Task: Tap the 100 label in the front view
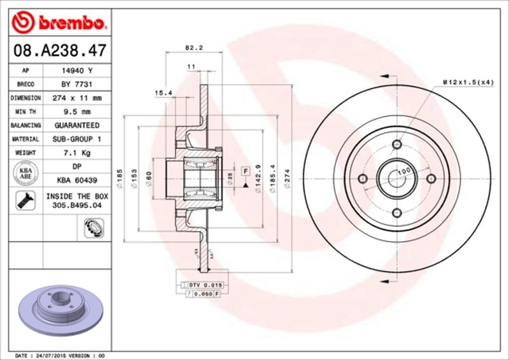pyautogui.click(x=402, y=172)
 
